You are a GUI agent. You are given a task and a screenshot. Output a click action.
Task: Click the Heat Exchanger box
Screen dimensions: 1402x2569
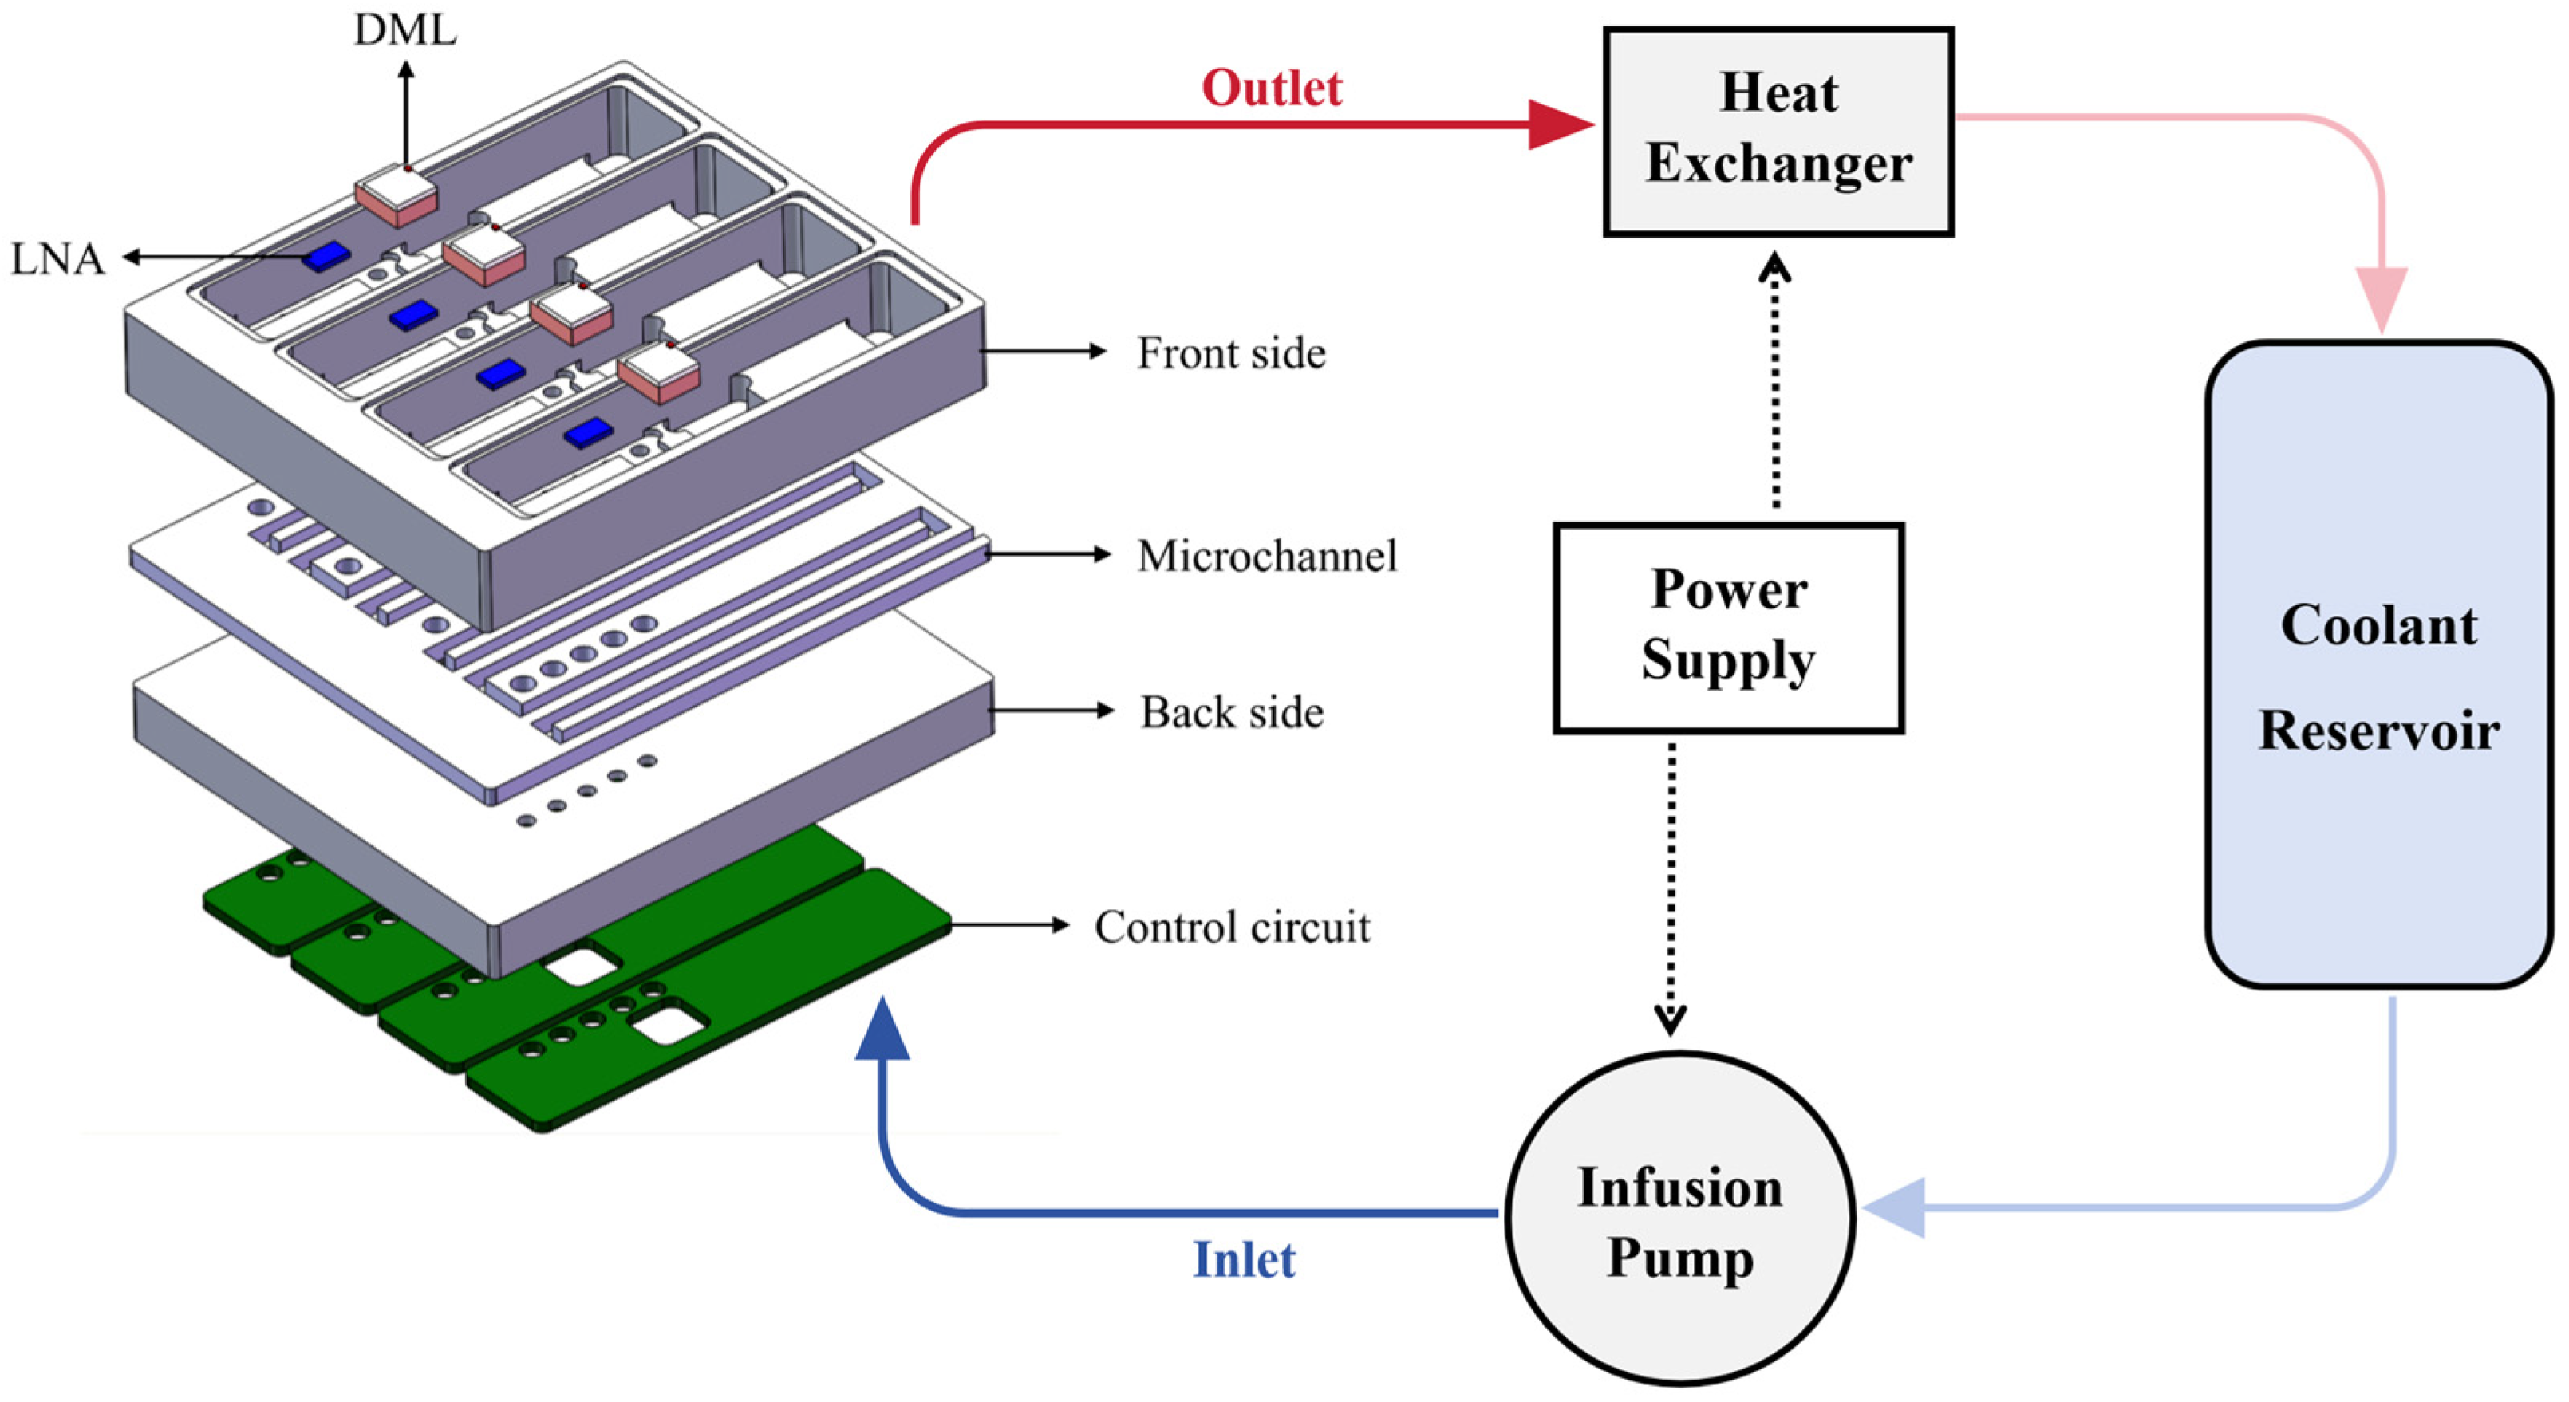pyautogui.click(x=1778, y=131)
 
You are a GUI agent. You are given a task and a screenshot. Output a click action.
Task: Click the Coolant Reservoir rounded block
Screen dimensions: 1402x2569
pyautogui.click(x=2378, y=665)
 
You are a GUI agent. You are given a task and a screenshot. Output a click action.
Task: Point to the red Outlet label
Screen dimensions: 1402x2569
pyautogui.click(x=1272, y=88)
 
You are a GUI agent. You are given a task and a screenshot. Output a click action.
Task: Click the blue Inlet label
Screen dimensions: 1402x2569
pyautogui.click(x=1244, y=1259)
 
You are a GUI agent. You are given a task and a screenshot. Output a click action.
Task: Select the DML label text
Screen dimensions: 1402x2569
pyautogui.click(x=405, y=30)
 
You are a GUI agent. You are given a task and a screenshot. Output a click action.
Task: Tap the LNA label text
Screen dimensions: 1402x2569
pyautogui.click(x=57, y=259)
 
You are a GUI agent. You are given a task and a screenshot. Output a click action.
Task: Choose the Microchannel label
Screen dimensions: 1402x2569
pyautogui.click(x=1267, y=555)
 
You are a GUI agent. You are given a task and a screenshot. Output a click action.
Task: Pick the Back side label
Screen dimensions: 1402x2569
pyautogui.click(x=1232, y=712)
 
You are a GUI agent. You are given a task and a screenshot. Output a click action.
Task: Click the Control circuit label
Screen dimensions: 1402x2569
pyautogui.click(x=1232, y=927)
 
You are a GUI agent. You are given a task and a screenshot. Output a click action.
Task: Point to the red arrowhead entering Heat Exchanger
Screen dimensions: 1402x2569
pyautogui.click(x=1560, y=124)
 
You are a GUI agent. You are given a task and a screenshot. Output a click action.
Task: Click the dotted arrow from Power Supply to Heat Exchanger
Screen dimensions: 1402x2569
pyautogui.click(x=1774, y=384)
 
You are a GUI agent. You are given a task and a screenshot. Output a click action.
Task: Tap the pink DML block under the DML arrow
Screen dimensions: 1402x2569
pyautogui.click(x=396, y=196)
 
